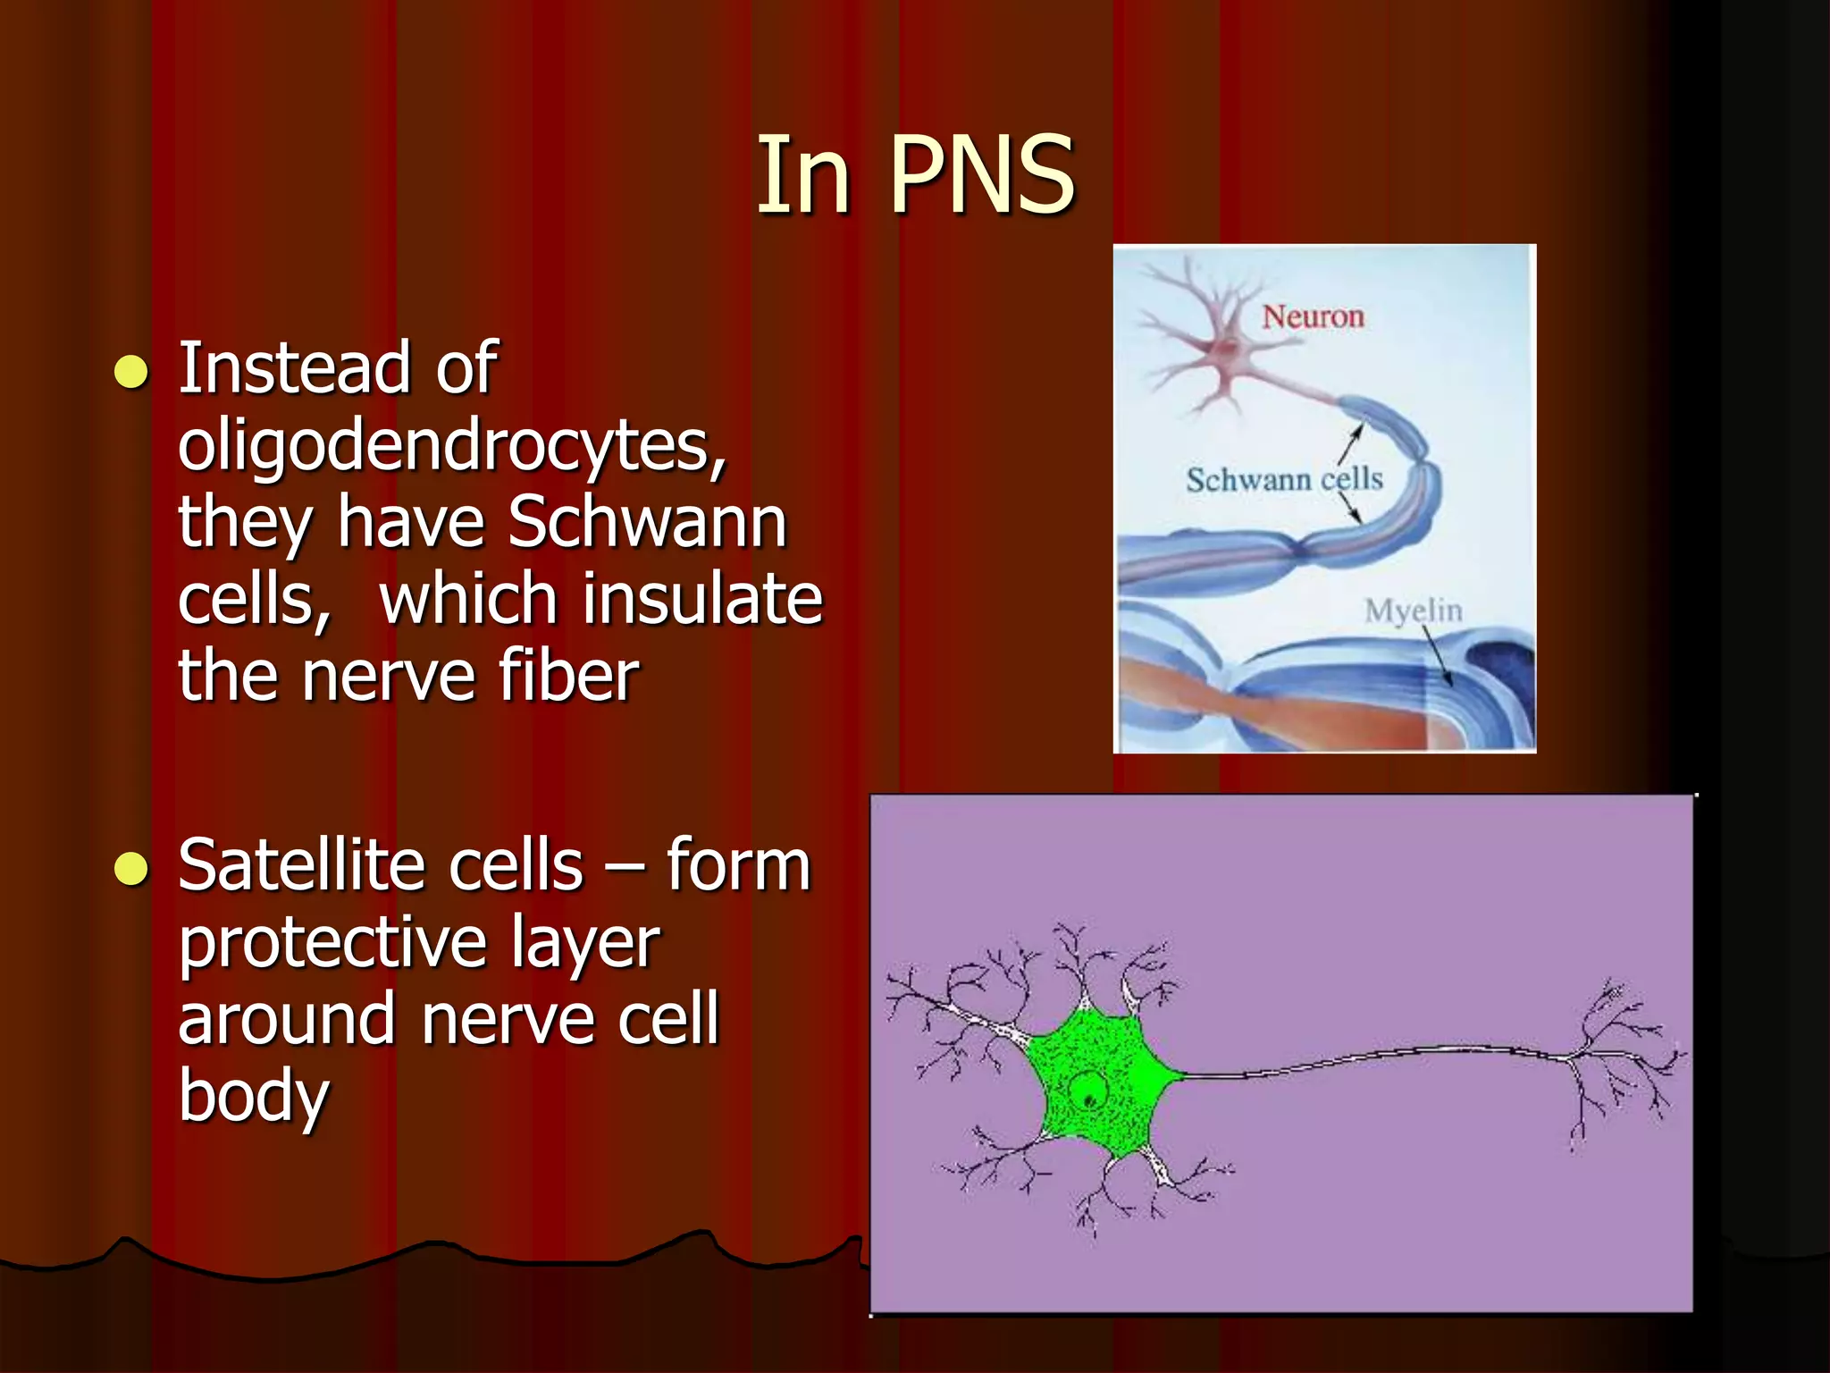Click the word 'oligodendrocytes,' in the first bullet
tap(451, 445)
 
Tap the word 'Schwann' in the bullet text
tap(647, 522)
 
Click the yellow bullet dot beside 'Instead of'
tap(131, 372)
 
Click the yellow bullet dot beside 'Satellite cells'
tap(131, 868)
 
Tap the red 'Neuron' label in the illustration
tap(1313, 316)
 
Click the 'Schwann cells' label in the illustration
tap(1284, 480)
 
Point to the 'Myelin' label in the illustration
tap(1413, 611)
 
